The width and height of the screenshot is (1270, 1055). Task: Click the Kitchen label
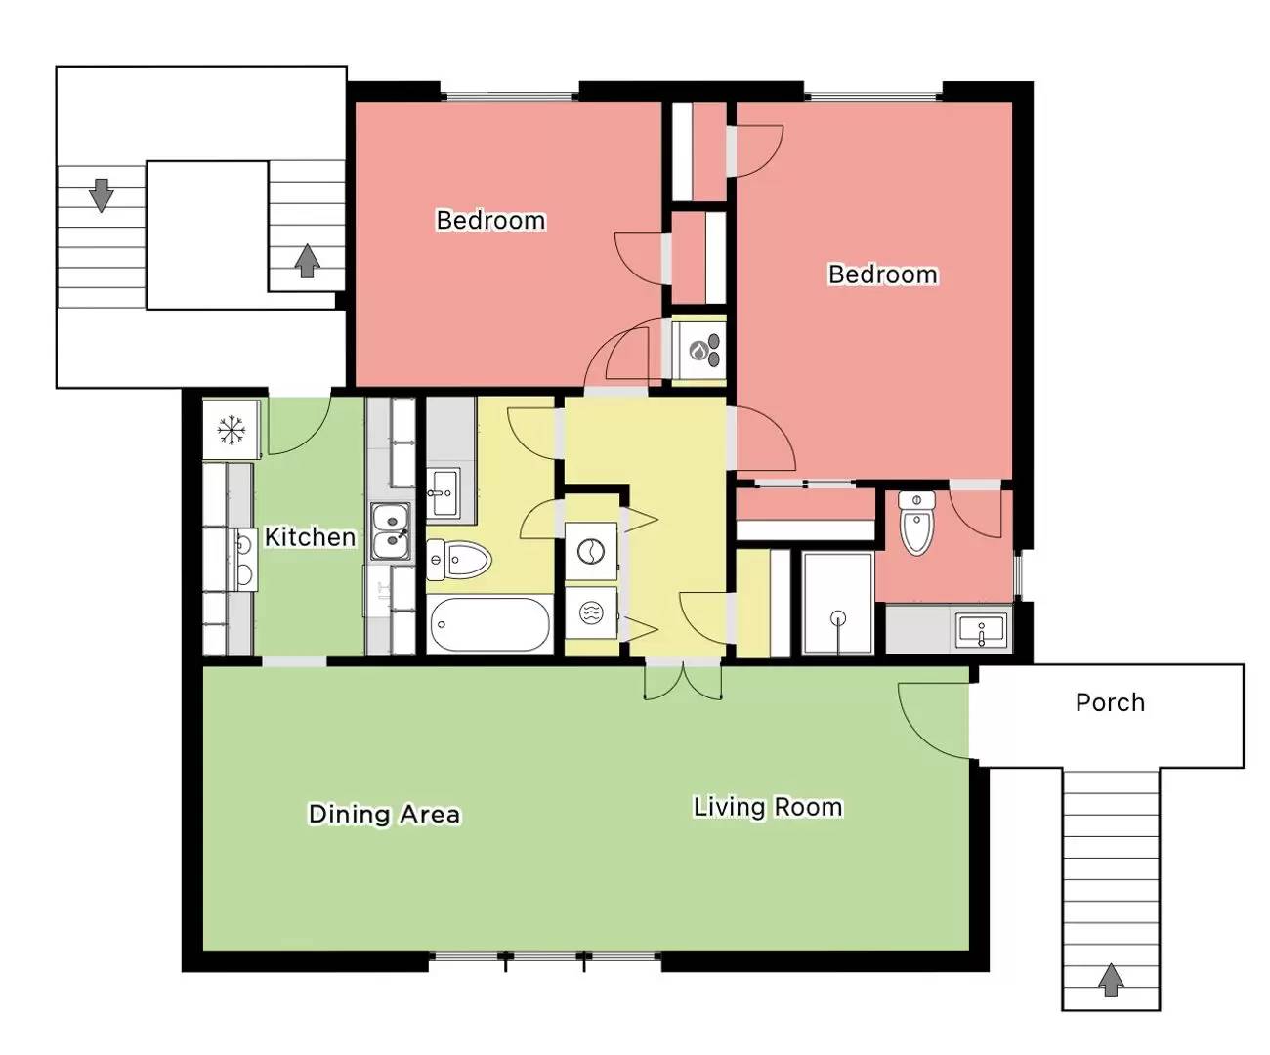tap(311, 537)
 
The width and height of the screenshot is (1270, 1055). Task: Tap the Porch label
tap(1110, 702)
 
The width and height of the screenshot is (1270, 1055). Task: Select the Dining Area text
tap(384, 814)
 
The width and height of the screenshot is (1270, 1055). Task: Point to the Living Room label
tap(768, 807)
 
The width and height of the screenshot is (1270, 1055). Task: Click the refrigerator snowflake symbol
tap(232, 429)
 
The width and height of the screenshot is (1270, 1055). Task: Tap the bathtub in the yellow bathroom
tap(489, 624)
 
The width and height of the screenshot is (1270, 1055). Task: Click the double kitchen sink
tap(391, 531)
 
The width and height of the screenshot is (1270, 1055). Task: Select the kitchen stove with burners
tap(244, 560)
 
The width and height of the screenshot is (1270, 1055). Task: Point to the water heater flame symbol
tap(698, 351)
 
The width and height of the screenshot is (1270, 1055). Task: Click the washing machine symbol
tap(591, 552)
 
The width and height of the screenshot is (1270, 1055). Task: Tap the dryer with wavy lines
tap(591, 612)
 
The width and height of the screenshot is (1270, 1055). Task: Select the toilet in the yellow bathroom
tap(458, 560)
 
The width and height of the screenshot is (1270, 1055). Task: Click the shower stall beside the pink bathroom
tap(837, 603)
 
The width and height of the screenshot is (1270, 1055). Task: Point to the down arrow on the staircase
tap(101, 195)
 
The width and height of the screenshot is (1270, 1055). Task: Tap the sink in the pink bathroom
tap(981, 630)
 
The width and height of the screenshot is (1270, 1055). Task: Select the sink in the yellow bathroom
tap(443, 492)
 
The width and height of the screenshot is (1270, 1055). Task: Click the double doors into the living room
tap(684, 681)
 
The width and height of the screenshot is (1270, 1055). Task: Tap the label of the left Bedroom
tap(490, 220)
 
